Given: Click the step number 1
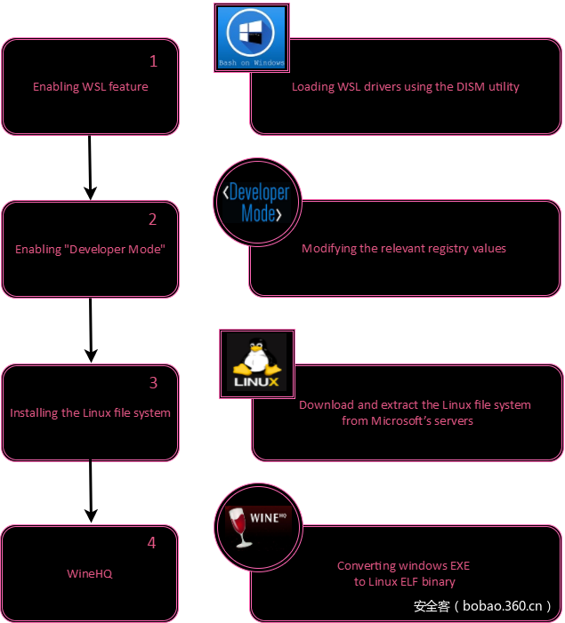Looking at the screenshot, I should [x=153, y=61].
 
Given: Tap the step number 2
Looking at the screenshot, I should [x=153, y=220].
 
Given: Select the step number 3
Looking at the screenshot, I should [x=153, y=383].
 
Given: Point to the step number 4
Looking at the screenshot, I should [x=151, y=543].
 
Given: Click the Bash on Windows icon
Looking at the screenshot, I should [x=252, y=36].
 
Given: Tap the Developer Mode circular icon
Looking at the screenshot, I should [x=258, y=204].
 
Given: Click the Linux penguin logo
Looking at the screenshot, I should [x=256, y=363].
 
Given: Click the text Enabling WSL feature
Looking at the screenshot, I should [x=91, y=87].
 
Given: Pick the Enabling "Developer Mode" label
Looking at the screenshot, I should [x=91, y=250].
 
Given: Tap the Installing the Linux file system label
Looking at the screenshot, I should [x=90, y=413].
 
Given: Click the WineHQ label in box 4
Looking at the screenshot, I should [x=90, y=573].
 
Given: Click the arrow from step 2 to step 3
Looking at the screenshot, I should [x=90, y=329].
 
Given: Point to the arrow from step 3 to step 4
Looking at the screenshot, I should [x=90, y=491].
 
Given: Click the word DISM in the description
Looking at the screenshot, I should [x=449, y=87].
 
